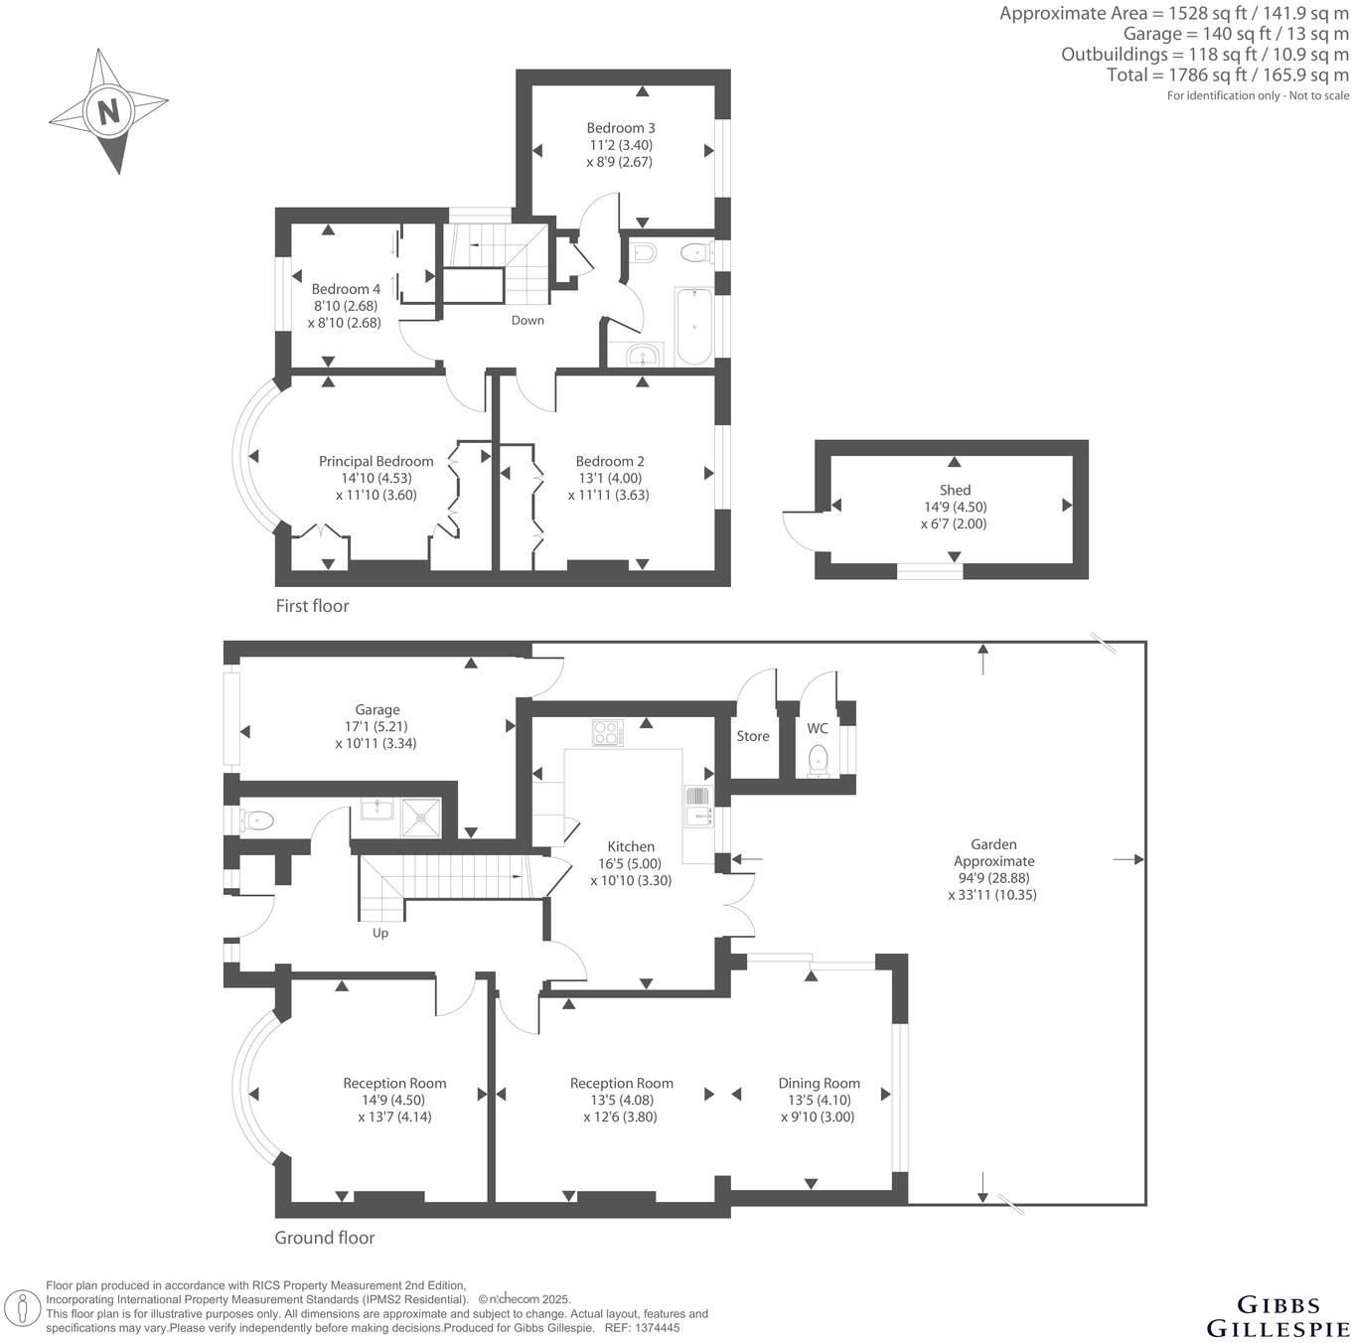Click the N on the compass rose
107,109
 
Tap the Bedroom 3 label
620,128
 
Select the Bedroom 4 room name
346,290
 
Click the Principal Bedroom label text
376,462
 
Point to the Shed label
955,490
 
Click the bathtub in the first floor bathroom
693,327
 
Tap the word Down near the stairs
527,320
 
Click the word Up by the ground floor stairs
380,933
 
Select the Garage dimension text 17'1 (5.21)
377,726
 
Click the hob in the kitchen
607,733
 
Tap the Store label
753,736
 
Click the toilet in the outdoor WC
819,759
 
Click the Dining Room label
819,1084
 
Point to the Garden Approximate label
993,852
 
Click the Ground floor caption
325,1238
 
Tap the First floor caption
312,606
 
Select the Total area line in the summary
1228,75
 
